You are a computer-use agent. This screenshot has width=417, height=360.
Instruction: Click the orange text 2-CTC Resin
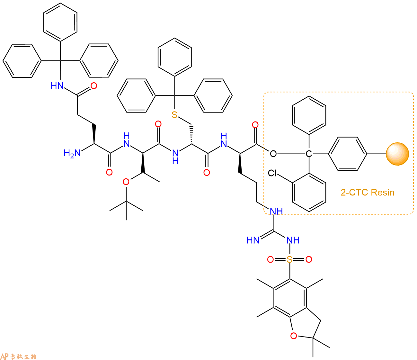pyautogui.click(x=368, y=193)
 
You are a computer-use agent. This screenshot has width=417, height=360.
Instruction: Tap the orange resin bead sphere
pyautogui.click(x=397, y=154)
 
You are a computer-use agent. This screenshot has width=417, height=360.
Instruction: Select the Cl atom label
pyautogui.click(x=272, y=173)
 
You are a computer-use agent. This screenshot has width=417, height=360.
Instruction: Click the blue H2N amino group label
pyautogui.click(x=72, y=153)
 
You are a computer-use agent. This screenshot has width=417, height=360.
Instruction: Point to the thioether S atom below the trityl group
pyautogui.click(x=174, y=115)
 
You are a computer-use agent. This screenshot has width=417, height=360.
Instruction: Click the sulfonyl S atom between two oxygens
pyautogui.click(x=289, y=260)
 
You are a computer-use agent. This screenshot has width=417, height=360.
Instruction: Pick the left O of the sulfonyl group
pyautogui.click(x=270, y=260)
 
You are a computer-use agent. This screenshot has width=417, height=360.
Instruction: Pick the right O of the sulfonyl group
pyautogui.click(x=309, y=260)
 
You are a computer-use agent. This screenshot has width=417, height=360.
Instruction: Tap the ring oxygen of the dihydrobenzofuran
pyautogui.click(x=294, y=336)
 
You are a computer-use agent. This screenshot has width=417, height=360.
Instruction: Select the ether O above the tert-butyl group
pyautogui.click(x=126, y=182)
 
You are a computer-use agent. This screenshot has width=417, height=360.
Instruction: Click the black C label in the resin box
pyautogui.click(x=309, y=154)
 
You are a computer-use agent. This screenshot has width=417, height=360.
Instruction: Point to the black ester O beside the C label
pyautogui.click(x=273, y=154)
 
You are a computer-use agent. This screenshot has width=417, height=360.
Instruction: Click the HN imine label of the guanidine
pyautogui.click(x=253, y=240)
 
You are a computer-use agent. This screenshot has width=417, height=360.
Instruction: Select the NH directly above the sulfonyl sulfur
pyautogui.click(x=293, y=240)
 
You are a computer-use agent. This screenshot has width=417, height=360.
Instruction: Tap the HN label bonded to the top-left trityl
pyautogui.click(x=57, y=86)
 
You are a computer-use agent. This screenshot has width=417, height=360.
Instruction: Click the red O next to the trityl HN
pyautogui.click(x=94, y=86)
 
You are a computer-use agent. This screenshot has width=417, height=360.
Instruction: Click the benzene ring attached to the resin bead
pyautogui.click(x=348, y=154)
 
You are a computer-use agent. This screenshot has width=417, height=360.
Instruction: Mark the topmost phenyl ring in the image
pyautogui.click(x=60, y=22)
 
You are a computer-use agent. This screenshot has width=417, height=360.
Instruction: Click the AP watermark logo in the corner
pyautogui.click(x=19, y=356)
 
